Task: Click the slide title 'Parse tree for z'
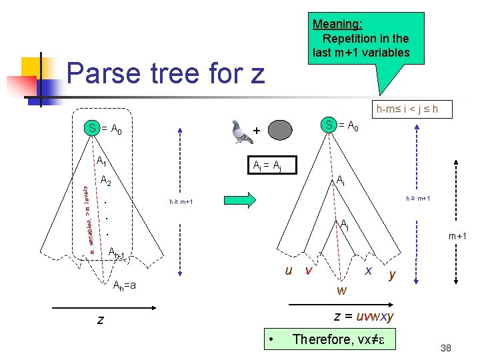(x=166, y=73)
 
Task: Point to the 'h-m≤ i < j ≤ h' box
(x=407, y=109)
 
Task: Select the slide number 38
(x=446, y=347)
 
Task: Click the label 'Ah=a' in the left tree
(x=124, y=285)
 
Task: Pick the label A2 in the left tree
(x=106, y=180)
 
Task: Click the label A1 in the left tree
(x=101, y=161)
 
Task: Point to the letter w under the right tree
(x=341, y=290)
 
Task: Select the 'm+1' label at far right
(x=457, y=237)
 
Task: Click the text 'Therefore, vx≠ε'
(x=340, y=339)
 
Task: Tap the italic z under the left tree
(x=100, y=320)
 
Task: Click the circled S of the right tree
(x=328, y=124)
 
